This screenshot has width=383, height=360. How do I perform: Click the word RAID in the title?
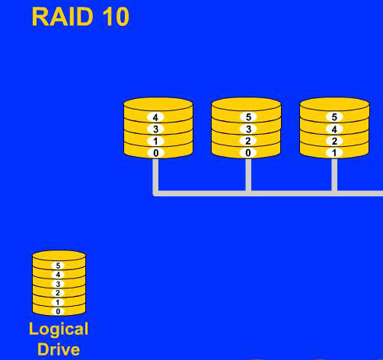pyautogui.click(x=62, y=17)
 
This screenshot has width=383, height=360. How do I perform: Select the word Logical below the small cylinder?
pyautogui.click(x=59, y=330)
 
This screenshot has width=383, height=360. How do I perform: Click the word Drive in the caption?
pyautogui.click(x=59, y=349)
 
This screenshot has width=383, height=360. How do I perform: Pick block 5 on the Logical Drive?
pyautogui.click(x=58, y=266)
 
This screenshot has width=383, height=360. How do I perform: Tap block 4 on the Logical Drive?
pyautogui.click(x=58, y=275)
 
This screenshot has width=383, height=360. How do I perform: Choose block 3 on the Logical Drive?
pyautogui.click(x=58, y=284)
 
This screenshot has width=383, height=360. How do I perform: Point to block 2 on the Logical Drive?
pyautogui.click(x=58, y=293)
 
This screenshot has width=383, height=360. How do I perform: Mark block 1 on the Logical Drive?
pyautogui.click(x=58, y=302)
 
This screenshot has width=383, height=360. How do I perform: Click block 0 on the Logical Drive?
pyautogui.click(x=58, y=311)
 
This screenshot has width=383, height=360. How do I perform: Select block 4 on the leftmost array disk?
pyautogui.click(x=155, y=117)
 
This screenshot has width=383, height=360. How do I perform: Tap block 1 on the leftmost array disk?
pyautogui.click(x=155, y=141)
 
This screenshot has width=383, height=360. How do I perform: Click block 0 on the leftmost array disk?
pyautogui.click(x=155, y=153)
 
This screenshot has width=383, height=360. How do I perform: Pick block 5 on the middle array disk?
pyautogui.click(x=248, y=117)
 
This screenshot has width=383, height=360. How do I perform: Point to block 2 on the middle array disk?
pyautogui.click(x=248, y=141)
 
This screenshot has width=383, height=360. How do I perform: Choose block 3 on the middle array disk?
pyautogui.click(x=248, y=129)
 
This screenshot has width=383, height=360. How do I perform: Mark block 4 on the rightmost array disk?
pyautogui.click(x=334, y=129)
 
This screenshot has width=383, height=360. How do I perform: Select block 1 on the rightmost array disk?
pyautogui.click(x=334, y=153)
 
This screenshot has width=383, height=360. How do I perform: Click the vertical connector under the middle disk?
pyautogui.click(x=248, y=174)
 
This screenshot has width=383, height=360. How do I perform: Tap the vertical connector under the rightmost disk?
pyautogui.click(x=334, y=174)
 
